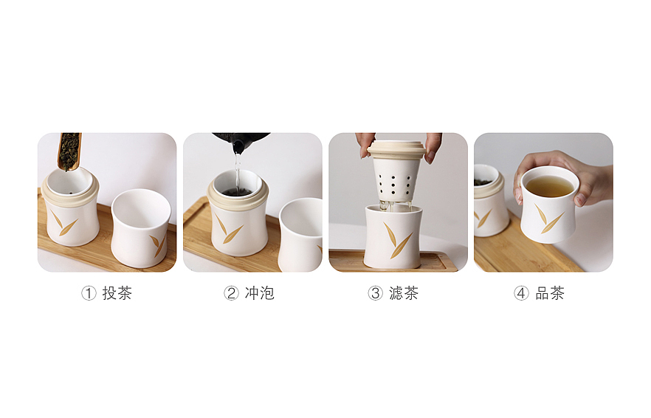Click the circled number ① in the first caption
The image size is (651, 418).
[x=89, y=293]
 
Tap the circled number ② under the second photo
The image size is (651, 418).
[x=231, y=293]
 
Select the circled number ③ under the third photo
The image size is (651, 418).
[x=375, y=293]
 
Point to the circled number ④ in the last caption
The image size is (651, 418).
[x=521, y=293]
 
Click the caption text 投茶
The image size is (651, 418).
[x=117, y=293]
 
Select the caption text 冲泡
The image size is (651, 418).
[x=260, y=293]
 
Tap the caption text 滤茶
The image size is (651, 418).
[x=404, y=293]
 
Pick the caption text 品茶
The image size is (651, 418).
[x=550, y=293]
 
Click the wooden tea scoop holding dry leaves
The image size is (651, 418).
[x=69, y=150]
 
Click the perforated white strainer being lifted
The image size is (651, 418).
[x=397, y=177]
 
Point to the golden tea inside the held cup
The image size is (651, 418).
[x=549, y=185]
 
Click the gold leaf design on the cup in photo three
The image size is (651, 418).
[x=396, y=241]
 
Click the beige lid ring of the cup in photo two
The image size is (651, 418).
[x=238, y=197]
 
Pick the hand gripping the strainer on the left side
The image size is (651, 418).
[x=365, y=143]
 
